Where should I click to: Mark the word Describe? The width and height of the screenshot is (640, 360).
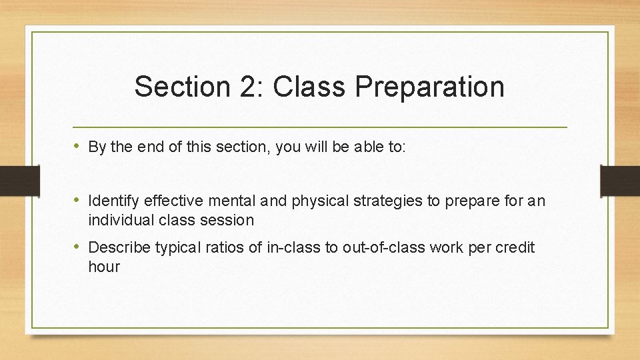[x=119, y=247]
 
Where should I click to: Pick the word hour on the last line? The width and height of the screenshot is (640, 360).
[x=104, y=267]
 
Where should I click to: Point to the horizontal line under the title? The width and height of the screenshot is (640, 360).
[x=319, y=127]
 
